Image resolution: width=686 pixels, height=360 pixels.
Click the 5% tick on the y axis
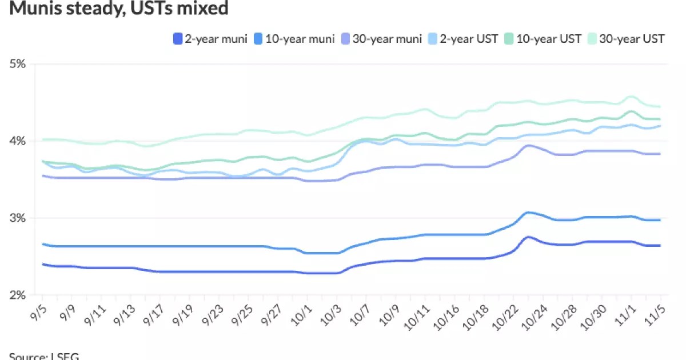(x=18, y=64)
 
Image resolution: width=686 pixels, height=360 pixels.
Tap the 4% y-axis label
(x=18, y=141)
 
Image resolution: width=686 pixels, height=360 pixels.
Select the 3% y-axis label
(x=18, y=218)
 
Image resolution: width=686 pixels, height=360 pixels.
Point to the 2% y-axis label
(x=18, y=295)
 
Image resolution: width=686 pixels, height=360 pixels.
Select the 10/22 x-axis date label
(x=505, y=313)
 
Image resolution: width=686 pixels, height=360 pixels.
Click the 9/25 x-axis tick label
(x=241, y=313)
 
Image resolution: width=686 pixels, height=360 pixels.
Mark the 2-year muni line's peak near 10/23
(x=528, y=237)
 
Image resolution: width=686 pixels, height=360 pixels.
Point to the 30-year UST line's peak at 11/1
(x=631, y=96)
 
